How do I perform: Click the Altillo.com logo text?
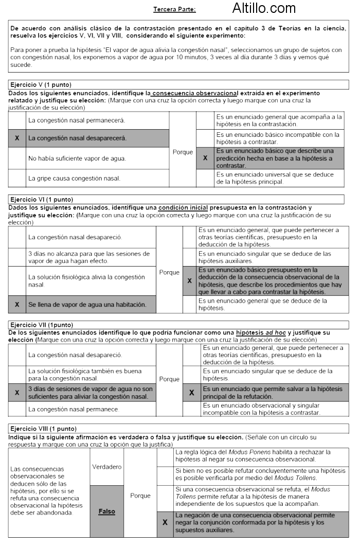click(x=264, y=8)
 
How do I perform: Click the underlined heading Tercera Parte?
click(x=174, y=9)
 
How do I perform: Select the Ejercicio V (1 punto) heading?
click(x=41, y=84)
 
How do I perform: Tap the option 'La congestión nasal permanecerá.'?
click(x=77, y=120)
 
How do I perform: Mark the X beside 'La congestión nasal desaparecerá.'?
click(x=17, y=138)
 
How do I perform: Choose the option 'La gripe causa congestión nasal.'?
click(x=75, y=178)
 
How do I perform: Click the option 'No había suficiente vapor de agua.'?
click(x=77, y=158)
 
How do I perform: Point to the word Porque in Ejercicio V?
click(x=183, y=152)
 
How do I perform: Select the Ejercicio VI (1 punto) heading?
click(x=42, y=199)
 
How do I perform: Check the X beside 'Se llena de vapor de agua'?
click(x=17, y=305)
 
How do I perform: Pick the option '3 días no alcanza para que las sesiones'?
click(x=88, y=257)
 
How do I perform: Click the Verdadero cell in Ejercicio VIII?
click(x=107, y=467)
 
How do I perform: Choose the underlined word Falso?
click(x=107, y=511)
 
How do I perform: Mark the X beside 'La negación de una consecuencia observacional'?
click(x=165, y=522)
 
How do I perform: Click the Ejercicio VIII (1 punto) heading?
click(x=43, y=428)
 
